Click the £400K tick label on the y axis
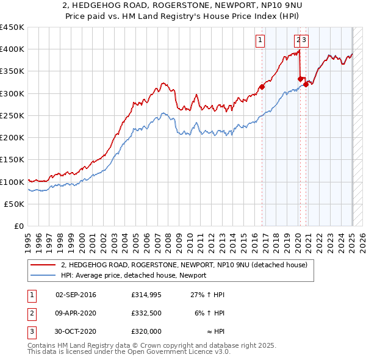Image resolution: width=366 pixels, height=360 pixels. (x=12, y=49)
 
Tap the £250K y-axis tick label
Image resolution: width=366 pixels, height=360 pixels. (x=12, y=115)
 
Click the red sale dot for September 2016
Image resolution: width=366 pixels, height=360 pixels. (x=262, y=87)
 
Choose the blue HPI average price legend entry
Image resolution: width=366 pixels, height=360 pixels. (x=134, y=275)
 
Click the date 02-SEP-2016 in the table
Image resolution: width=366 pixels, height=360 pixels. (x=76, y=295)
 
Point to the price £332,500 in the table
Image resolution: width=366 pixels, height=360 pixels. (x=146, y=312)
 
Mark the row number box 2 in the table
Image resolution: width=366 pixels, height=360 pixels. (x=30, y=312)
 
